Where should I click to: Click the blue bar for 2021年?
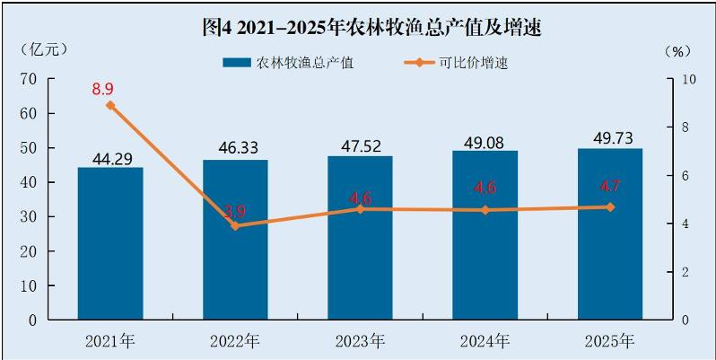point(110,243)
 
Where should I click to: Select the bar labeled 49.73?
point(609,233)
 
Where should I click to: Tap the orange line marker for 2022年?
point(235,225)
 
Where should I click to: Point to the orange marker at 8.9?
point(110,106)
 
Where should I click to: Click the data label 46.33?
point(236,148)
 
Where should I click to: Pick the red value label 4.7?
point(609,187)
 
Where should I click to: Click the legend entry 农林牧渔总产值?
point(289,63)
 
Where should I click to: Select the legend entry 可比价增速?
point(458,63)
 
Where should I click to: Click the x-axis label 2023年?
point(361,341)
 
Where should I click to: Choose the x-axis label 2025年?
point(610,341)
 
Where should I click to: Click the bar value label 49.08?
point(485,143)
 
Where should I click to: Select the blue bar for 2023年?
point(361,238)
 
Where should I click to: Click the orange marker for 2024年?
point(485,210)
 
